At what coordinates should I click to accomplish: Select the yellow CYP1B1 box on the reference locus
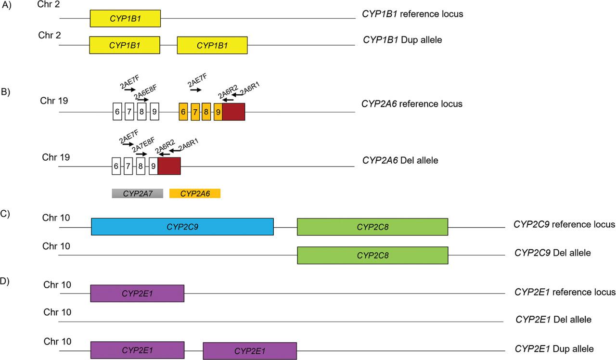125,18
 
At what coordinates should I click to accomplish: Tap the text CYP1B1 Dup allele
402,40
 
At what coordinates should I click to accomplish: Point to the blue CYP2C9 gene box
182,227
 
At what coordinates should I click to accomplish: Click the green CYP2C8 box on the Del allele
372,255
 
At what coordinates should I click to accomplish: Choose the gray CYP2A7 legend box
138,193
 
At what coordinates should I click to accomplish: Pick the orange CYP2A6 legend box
195,193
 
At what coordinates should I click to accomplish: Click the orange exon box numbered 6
183,111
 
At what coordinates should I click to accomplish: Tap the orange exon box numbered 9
218,111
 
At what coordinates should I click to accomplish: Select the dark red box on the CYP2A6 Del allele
169,166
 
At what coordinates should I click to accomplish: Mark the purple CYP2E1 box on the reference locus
137,293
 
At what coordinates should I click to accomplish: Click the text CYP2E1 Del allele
553,319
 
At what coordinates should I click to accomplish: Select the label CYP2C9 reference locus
565,224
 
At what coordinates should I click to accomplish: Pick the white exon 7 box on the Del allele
128,166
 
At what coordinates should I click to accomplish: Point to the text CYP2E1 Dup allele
554,348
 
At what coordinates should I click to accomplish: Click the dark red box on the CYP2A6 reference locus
233,111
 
